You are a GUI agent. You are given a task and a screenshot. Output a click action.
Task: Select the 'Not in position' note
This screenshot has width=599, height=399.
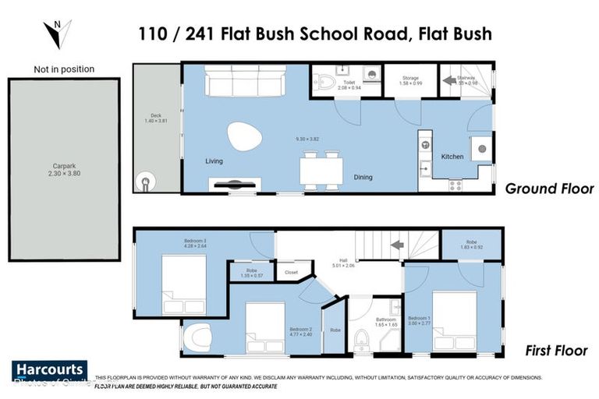pos(64,69)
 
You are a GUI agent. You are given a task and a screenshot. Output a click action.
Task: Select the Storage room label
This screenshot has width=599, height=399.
pos(410,81)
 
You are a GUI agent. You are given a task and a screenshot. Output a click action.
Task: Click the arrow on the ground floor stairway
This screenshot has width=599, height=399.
pos(449,79)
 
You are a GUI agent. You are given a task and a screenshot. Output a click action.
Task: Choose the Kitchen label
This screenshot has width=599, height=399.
pos(452,157)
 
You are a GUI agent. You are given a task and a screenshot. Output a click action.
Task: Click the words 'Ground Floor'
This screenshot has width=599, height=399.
pos(549,189)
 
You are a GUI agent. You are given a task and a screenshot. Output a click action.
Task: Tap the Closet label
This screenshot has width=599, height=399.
pos(291,273)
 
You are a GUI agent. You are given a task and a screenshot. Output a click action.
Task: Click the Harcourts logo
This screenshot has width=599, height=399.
pos(49,370)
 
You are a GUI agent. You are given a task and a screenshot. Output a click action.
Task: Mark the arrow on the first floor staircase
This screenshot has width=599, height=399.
pos(396,245)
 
